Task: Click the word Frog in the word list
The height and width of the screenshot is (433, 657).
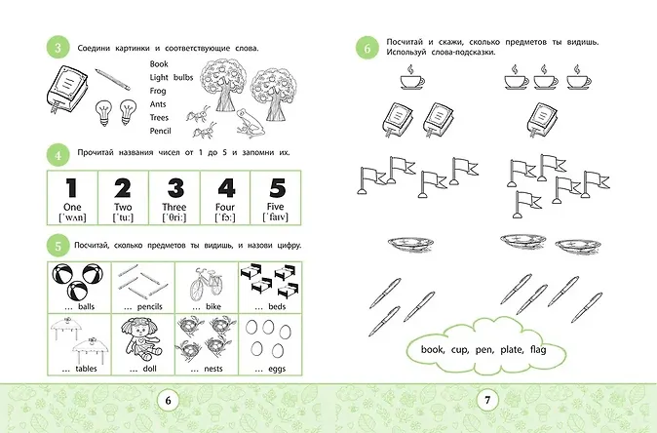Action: point(158,91)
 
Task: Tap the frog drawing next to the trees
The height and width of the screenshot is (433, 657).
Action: point(250,123)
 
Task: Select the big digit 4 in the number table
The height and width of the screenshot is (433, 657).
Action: point(227,188)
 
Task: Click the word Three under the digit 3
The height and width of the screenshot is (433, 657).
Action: point(174,207)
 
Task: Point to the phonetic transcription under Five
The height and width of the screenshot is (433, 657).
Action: point(275,217)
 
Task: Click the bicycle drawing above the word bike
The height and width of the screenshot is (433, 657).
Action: point(206,284)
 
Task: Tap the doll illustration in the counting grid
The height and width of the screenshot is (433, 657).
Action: point(143,338)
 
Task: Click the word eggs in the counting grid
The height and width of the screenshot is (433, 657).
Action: point(277,370)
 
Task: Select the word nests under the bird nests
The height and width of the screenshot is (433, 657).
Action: point(213,369)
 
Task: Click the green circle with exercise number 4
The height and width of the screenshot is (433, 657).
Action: point(58,155)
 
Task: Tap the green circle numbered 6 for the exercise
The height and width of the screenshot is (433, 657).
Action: point(367,48)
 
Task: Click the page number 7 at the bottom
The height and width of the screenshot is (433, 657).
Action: point(487,400)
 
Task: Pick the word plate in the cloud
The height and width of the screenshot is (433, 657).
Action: point(512,349)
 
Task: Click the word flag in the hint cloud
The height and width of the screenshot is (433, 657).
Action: point(538,349)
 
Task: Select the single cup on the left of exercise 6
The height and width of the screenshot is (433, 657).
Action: point(412,77)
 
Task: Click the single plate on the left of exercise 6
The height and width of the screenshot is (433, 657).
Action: point(410,244)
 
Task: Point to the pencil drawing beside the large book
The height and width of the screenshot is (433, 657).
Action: point(112,79)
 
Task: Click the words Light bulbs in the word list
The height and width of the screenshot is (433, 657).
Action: point(172,78)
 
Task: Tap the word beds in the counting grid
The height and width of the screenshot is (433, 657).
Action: point(277,307)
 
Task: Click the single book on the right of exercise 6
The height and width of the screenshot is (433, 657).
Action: point(542,120)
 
